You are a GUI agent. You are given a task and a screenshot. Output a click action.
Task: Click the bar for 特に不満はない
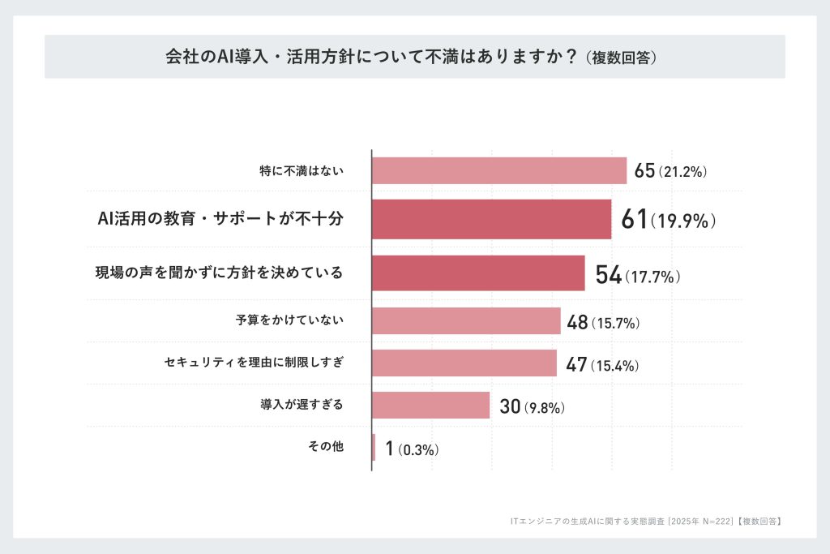498,170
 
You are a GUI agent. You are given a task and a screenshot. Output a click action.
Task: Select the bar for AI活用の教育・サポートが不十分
491,219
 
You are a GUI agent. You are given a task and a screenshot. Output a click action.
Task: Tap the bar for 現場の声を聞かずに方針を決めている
478,273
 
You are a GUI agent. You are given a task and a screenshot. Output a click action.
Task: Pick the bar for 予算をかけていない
466,321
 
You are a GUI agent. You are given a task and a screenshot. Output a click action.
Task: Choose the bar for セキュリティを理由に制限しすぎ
464,363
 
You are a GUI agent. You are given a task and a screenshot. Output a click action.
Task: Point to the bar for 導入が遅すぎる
430,405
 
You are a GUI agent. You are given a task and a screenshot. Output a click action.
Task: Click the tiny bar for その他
374,447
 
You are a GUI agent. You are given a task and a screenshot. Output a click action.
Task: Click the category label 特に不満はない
302,170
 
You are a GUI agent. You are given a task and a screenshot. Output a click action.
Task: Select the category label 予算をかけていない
289,320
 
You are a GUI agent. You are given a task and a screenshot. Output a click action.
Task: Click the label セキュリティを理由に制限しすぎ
254,363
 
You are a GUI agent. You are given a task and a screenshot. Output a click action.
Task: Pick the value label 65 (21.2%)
672,171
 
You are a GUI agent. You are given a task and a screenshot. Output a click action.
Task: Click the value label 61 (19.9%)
668,220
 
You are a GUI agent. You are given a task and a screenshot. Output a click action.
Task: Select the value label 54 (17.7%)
637,274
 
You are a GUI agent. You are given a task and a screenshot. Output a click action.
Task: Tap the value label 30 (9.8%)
532,406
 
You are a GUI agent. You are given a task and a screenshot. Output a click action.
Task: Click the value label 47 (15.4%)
602,364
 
